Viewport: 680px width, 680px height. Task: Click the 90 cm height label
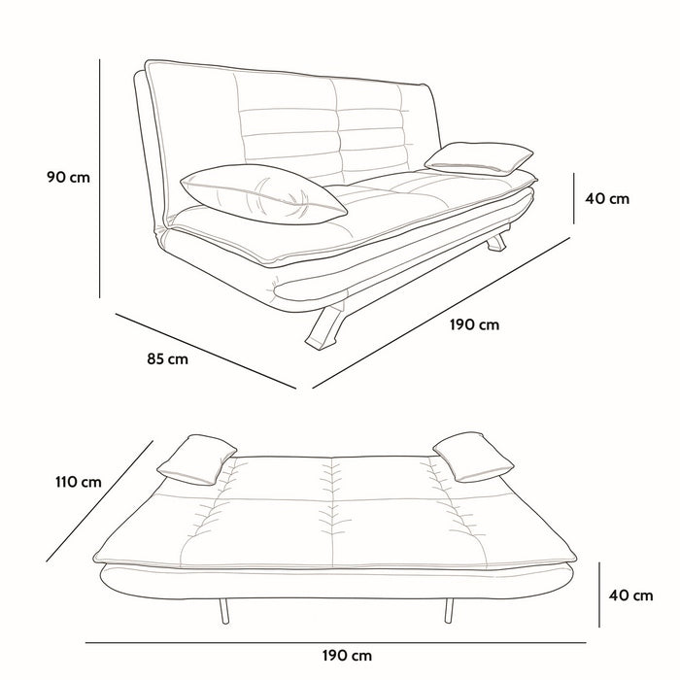click(69, 178)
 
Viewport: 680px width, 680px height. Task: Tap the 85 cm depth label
click(168, 359)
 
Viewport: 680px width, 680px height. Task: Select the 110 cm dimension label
click(79, 482)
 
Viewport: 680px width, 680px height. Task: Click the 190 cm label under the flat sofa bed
click(347, 656)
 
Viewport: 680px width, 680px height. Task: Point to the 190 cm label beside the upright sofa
click(474, 324)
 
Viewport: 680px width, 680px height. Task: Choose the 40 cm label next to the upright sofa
click(607, 198)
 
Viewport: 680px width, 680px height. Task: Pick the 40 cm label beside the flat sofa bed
click(631, 595)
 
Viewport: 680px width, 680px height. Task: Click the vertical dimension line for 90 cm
click(100, 179)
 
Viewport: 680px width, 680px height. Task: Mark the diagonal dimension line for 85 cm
click(206, 352)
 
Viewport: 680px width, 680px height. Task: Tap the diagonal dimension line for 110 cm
click(100, 501)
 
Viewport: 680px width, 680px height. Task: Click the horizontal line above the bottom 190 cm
click(336, 643)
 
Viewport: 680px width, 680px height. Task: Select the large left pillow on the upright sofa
click(263, 194)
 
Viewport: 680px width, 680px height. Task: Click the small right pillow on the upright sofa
click(479, 158)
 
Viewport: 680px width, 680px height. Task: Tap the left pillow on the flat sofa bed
click(196, 459)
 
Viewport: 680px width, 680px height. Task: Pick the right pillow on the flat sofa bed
click(474, 457)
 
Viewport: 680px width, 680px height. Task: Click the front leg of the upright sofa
click(326, 325)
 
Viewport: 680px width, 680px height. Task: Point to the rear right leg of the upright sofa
click(496, 242)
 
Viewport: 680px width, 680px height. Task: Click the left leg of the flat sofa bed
click(223, 611)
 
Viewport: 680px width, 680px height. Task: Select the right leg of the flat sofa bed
click(449, 611)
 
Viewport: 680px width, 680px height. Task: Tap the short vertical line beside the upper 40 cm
click(574, 198)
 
